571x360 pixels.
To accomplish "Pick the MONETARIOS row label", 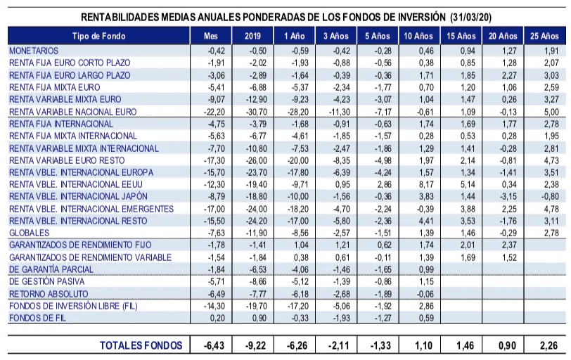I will [x=34, y=51].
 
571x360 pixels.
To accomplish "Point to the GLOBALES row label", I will [x=29, y=232].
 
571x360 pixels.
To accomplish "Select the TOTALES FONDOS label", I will [x=141, y=345].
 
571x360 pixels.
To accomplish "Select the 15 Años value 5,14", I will [x=467, y=184].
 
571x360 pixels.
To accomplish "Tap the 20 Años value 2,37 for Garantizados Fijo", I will [x=508, y=245].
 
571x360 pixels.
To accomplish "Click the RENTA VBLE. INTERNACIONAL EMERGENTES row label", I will [x=91, y=209].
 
